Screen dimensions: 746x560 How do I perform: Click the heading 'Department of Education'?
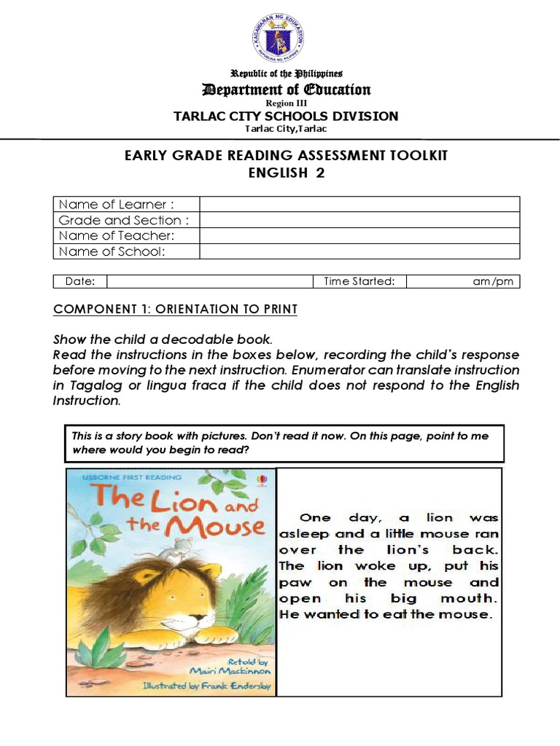click(x=286, y=90)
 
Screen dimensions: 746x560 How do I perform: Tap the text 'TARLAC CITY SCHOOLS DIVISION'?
click(x=286, y=116)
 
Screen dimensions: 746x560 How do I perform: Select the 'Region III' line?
click(x=286, y=103)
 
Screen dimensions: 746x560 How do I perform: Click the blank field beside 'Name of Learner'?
click(x=359, y=204)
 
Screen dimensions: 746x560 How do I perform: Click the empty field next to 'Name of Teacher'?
click(x=359, y=236)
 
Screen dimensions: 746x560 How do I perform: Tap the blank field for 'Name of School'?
click(x=359, y=251)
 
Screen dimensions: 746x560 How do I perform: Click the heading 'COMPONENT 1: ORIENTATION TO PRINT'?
click(x=176, y=310)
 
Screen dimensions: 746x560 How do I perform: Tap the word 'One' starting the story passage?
click(x=315, y=518)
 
